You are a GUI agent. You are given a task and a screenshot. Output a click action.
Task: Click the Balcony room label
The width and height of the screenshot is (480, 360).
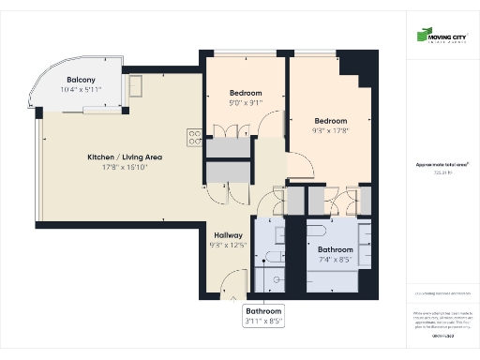point(80,80)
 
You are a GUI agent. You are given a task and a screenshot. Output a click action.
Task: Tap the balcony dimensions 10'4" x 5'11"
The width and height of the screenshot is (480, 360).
point(80,90)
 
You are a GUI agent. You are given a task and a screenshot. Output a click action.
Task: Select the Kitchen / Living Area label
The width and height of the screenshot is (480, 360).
point(125,157)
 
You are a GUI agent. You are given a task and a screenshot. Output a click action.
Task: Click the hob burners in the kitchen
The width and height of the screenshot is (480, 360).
point(195,138)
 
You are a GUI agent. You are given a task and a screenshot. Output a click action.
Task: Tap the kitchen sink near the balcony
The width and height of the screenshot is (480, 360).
point(136,87)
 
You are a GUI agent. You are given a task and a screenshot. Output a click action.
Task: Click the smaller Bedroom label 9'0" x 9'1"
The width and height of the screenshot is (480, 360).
point(246,93)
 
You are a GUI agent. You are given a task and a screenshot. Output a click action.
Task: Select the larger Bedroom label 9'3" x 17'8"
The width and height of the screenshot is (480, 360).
point(330,121)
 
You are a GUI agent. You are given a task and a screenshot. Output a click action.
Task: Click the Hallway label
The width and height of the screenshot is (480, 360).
point(229,235)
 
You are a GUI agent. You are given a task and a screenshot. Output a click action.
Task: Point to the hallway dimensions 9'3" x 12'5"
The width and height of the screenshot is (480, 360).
point(229,246)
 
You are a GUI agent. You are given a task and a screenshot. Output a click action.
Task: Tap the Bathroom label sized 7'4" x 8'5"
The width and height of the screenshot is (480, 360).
point(335,250)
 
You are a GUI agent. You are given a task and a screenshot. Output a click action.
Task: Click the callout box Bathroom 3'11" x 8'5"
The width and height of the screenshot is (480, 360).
point(263,315)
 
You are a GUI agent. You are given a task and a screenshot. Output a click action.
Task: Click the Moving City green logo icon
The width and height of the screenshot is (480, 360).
point(423,37)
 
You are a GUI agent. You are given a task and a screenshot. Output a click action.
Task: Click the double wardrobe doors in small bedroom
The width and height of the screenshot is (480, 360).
point(245,127)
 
